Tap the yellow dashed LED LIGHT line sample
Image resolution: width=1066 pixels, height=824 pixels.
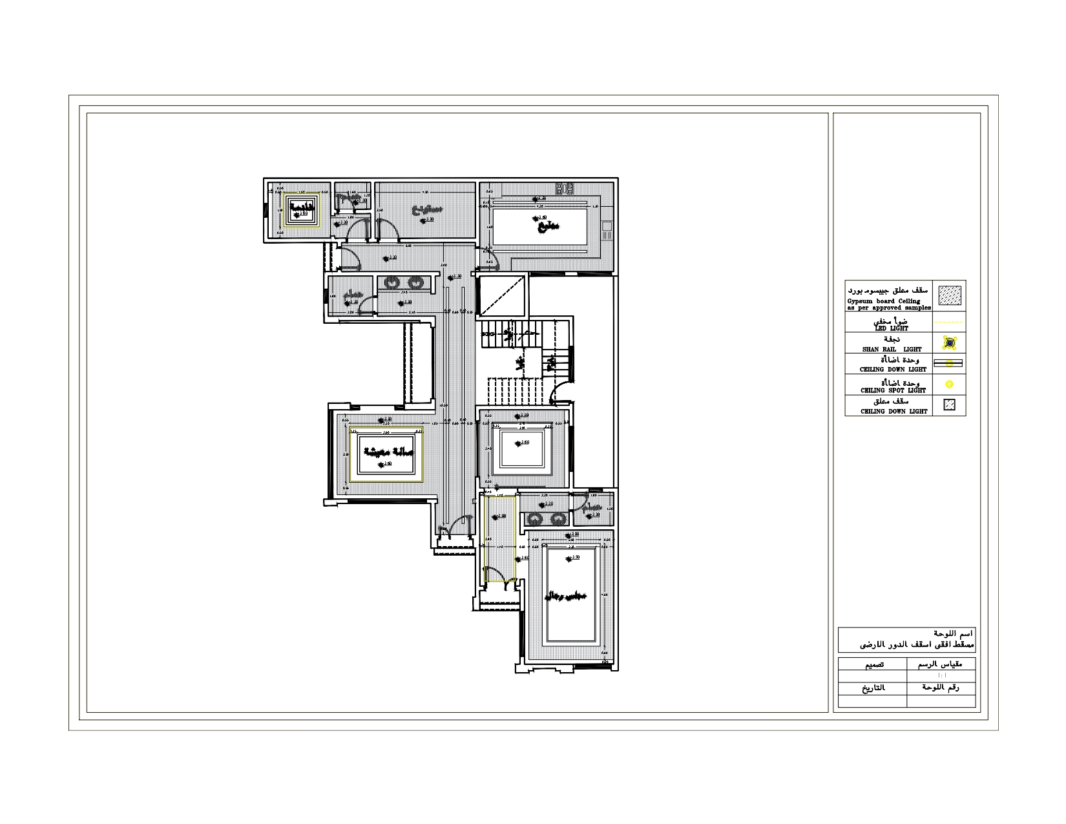(x=949, y=322)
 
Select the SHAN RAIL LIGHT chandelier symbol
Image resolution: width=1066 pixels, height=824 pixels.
(x=949, y=343)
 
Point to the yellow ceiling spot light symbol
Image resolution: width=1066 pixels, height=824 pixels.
(x=949, y=385)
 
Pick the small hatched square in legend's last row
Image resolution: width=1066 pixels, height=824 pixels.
(x=949, y=405)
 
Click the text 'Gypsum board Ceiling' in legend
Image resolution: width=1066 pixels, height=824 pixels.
(x=884, y=301)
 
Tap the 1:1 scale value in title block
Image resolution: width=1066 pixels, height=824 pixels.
(x=941, y=675)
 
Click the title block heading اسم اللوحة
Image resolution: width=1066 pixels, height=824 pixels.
(x=953, y=634)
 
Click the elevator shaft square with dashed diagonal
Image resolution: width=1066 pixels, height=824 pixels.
(x=502, y=295)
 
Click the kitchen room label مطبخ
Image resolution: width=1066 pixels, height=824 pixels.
(x=548, y=226)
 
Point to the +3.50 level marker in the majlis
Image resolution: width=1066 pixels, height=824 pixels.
(x=571, y=557)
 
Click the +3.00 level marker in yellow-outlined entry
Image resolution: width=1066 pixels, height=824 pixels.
(x=500, y=516)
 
